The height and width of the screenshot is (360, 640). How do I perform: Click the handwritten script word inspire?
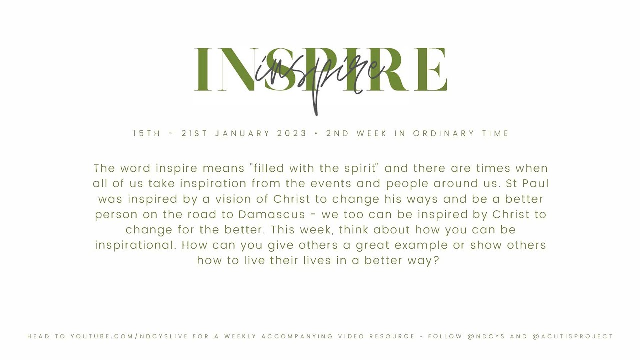[320, 75]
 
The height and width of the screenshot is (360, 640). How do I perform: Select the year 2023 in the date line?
[292, 133]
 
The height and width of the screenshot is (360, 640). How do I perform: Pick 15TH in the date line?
[147, 133]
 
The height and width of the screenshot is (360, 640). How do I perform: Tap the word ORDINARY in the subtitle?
[444, 133]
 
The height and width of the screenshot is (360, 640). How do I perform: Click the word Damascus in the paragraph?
[271, 215]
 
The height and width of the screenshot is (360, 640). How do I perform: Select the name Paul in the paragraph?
[535, 184]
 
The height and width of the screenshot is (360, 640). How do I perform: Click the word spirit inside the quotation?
[358, 168]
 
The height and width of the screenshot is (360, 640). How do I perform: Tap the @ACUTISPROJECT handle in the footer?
[573, 336]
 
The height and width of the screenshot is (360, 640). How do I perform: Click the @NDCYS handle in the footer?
[486, 336]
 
